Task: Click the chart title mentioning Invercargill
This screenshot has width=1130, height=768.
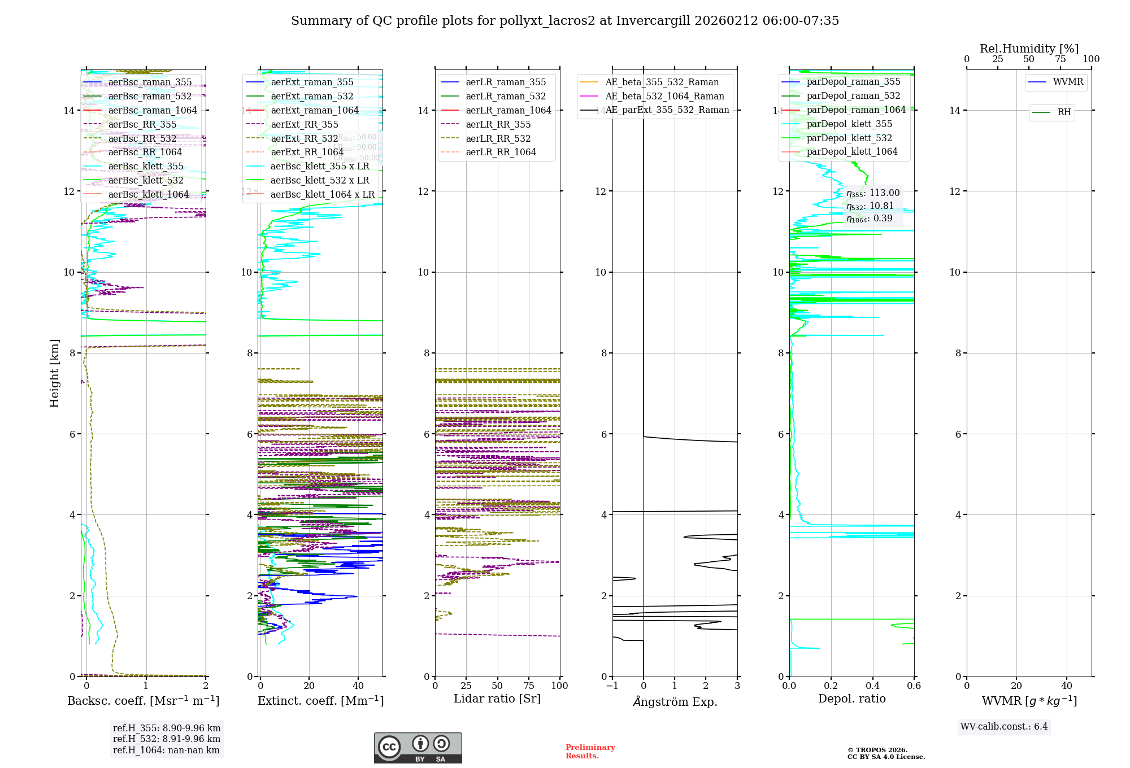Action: click(x=565, y=21)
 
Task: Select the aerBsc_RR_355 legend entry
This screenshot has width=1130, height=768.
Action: click(x=142, y=124)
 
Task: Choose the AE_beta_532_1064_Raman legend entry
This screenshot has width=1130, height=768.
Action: click(x=664, y=96)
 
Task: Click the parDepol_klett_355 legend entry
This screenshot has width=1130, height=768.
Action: click(x=849, y=124)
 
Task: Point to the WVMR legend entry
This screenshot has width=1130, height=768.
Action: click(x=1068, y=82)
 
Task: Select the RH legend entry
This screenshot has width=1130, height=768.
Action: click(x=1064, y=112)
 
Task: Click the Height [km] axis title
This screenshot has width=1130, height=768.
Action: click(x=54, y=373)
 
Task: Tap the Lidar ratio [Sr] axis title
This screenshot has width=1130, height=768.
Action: click(x=497, y=699)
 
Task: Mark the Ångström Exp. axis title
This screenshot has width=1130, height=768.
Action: click(x=675, y=701)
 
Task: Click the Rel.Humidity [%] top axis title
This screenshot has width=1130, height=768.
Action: click(x=1029, y=49)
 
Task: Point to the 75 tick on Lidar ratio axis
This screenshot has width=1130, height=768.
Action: click(x=529, y=686)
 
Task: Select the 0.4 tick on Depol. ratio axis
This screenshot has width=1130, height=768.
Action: click(x=872, y=686)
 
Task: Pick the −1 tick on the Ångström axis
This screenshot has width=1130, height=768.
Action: click(x=612, y=686)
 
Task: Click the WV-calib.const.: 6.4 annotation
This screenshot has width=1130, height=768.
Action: click(x=1004, y=726)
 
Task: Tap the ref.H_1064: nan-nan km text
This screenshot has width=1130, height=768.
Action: click(x=166, y=750)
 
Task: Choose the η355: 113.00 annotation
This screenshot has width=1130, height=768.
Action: click(x=873, y=193)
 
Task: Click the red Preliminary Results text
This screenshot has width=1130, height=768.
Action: click(x=590, y=751)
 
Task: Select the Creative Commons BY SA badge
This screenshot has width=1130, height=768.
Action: click(x=418, y=748)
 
